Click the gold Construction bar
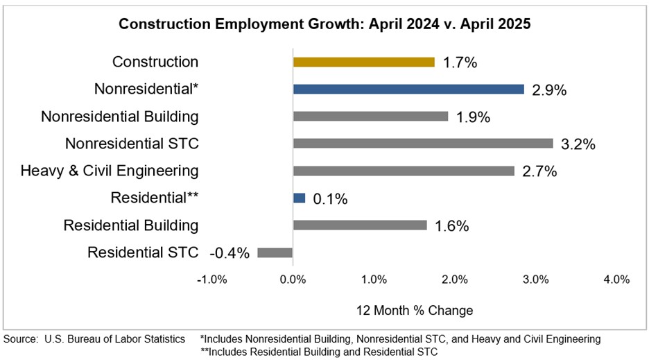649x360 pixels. tap(363, 62)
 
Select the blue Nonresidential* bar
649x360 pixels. tap(408, 89)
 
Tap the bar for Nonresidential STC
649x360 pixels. tap(423, 144)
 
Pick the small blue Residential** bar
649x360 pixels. tap(299, 198)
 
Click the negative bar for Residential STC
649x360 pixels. tap(275, 252)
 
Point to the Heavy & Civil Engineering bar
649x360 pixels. tap(404, 171)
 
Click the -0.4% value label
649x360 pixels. tap(229, 253)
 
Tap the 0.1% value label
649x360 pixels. tap(330, 199)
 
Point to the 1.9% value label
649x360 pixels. tap(473, 117)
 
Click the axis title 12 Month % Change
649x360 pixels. tap(415, 310)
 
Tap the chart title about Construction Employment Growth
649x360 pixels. tap(324, 24)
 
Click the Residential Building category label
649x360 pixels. tap(131, 225)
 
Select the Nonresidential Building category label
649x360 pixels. tap(120, 117)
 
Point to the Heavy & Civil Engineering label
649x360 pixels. tap(110, 171)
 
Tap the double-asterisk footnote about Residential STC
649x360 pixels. tap(319, 351)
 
